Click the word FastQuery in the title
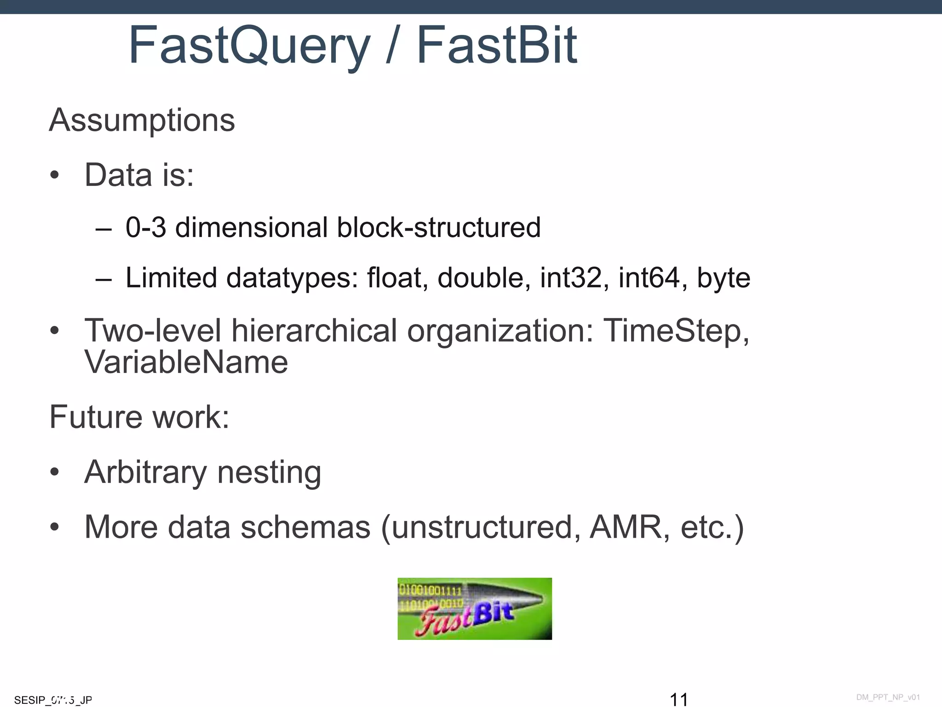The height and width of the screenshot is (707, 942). coord(249,46)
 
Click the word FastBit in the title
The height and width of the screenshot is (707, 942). coord(496,45)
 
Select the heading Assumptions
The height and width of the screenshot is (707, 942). coord(142,120)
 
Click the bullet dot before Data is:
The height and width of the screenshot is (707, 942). coord(55,175)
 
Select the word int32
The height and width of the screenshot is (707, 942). coord(570,278)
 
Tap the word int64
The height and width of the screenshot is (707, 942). coord(649,278)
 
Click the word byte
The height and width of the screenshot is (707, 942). coord(724,278)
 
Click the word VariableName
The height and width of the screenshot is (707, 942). coord(186,362)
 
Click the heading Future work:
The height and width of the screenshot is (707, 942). coord(139,417)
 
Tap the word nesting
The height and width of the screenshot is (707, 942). coord(269,473)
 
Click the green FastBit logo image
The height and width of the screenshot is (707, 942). coord(474,608)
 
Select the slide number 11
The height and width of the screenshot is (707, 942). coord(678,699)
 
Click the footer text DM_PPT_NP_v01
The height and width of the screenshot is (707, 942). coord(888,697)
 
